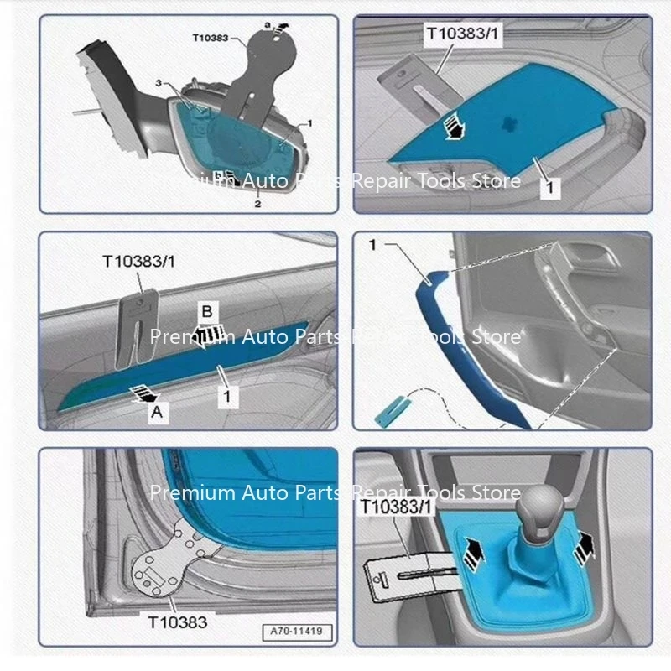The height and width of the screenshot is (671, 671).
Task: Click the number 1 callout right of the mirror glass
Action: [x=309, y=123]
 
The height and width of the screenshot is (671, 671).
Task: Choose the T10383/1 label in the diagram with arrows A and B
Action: [x=139, y=261]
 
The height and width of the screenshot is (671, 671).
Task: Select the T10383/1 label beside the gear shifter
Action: [x=397, y=507]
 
